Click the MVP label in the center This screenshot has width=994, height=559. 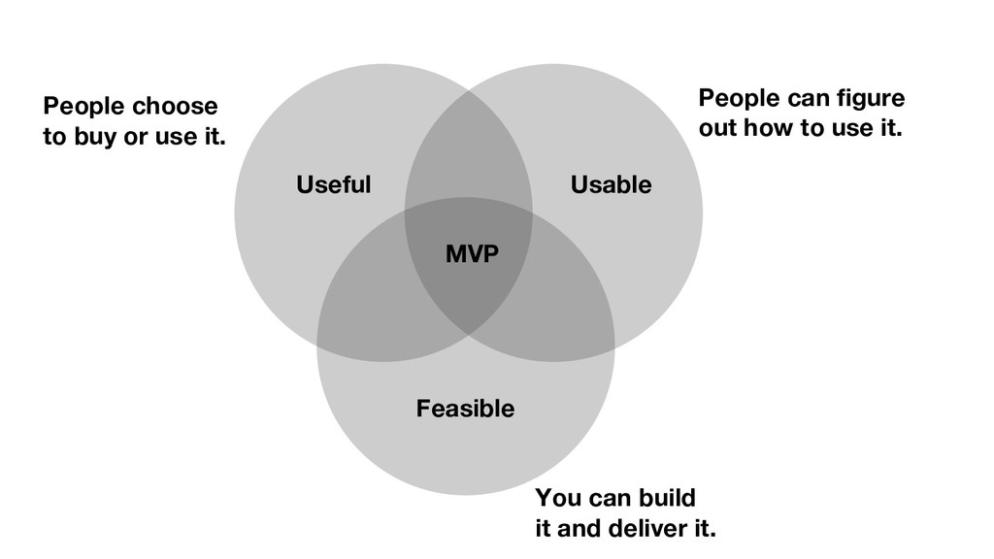[472, 255]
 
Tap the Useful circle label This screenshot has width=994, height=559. [333, 184]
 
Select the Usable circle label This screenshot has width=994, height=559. [611, 184]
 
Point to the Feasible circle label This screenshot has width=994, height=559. [465, 409]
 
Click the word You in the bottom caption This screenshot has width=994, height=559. [556, 499]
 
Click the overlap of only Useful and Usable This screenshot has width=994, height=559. [468, 155]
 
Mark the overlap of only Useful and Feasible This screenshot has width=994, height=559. [369, 301]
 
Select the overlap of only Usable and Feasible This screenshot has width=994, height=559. [568, 301]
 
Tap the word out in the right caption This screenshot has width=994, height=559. [717, 128]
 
